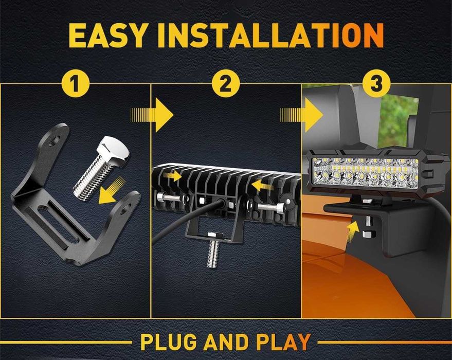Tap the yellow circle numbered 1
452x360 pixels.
click(x=76, y=84)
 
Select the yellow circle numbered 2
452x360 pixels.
click(x=226, y=84)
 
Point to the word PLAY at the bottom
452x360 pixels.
click(x=283, y=343)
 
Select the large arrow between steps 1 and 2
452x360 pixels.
click(x=152, y=115)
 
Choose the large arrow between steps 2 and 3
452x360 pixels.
click(x=302, y=115)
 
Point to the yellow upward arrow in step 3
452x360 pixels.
click(x=353, y=229)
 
